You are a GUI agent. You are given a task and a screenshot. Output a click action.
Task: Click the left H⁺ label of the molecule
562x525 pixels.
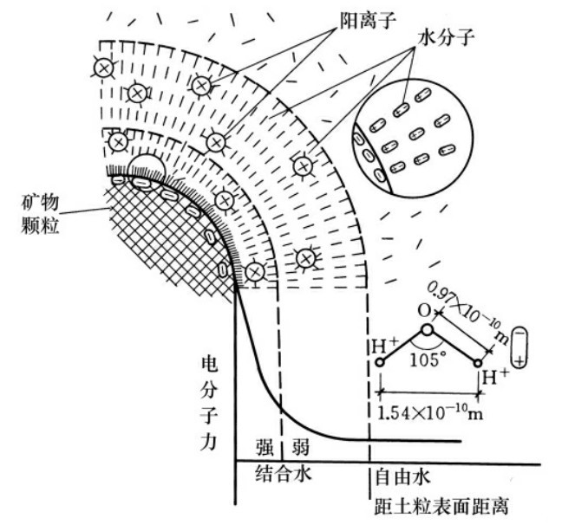(x=386, y=344)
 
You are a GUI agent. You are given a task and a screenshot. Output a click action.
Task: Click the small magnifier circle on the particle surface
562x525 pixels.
(x=144, y=166)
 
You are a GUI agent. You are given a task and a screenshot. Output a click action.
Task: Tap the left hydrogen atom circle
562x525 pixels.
(x=379, y=360)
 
